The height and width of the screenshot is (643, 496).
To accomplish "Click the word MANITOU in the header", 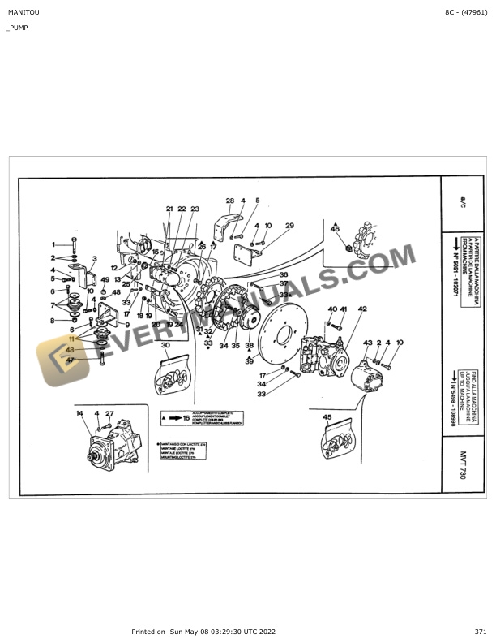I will [22, 13].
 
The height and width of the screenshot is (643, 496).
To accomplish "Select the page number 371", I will [481, 632].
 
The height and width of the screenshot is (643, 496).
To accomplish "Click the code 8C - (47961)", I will [466, 13].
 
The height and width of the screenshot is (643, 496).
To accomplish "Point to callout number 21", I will [169, 209].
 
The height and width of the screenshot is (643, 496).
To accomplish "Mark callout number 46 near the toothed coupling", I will [335, 230].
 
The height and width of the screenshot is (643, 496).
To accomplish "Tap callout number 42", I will [362, 309].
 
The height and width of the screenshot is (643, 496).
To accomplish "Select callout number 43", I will [367, 343].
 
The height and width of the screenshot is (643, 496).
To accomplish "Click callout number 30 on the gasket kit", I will [165, 346].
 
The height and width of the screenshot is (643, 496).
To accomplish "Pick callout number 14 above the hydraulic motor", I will [79, 414].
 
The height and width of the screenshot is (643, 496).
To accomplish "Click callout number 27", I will [109, 414].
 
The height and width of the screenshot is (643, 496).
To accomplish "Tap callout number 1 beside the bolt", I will [54, 244].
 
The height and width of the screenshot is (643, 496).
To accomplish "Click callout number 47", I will [71, 360].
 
